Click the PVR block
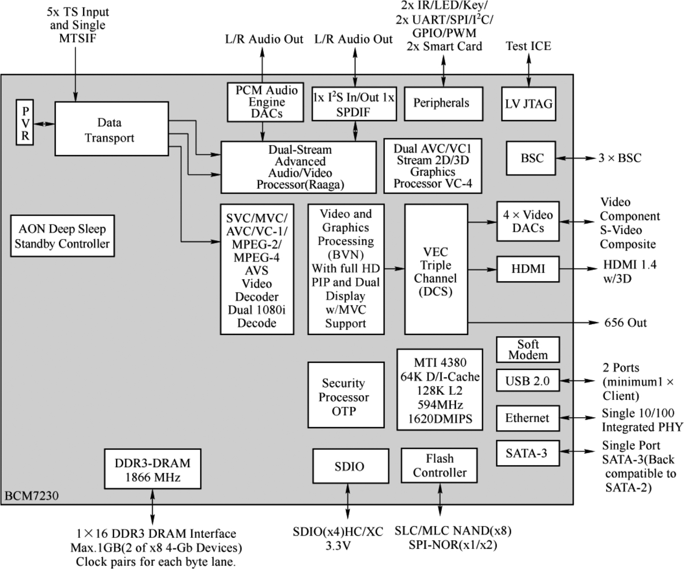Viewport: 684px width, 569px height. (25, 123)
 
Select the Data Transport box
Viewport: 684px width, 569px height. (111, 129)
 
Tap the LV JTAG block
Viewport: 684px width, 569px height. (528, 104)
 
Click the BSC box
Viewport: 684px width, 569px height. (531, 158)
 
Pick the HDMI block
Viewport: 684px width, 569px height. (528, 269)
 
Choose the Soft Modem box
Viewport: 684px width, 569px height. (528, 350)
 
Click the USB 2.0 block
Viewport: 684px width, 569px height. (527, 380)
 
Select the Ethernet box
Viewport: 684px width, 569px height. (527, 418)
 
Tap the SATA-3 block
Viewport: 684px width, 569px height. (527, 453)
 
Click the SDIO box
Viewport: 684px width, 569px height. (350, 466)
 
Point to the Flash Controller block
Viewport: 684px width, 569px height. (439, 465)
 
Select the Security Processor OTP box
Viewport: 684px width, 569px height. (346, 395)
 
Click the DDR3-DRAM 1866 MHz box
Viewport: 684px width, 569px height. (152, 469)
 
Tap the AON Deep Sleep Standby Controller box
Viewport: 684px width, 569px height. (62, 236)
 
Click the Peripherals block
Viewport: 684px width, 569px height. (443, 104)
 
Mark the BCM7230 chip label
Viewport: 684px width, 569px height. (32, 496)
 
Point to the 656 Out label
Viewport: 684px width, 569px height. (625, 323)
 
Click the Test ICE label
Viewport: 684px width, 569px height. (528, 46)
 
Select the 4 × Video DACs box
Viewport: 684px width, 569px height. (528, 221)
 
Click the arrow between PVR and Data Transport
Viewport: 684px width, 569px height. (44, 124)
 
